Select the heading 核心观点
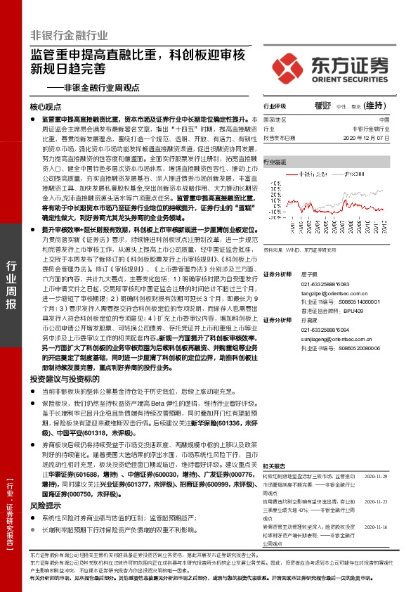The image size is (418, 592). pyautogui.click(x=48, y=108)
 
